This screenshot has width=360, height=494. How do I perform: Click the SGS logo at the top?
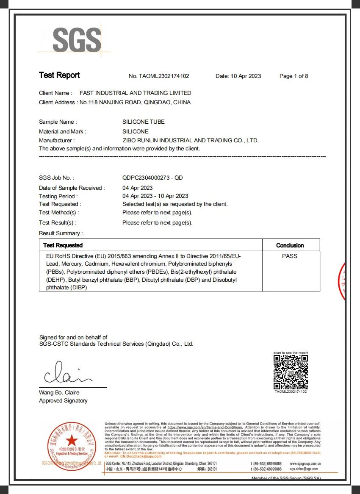point(77,39)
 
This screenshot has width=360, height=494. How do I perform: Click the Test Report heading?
point(59,75)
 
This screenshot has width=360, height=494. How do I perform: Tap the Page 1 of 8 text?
point(294,76)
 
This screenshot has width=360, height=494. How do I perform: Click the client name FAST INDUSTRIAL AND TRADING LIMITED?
point(136,93)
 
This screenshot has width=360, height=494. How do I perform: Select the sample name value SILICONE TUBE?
point(144,122)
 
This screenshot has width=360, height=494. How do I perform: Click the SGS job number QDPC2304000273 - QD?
point(152,178)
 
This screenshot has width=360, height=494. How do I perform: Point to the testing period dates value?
point(155,196)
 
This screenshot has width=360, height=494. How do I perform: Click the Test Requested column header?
point(63,245)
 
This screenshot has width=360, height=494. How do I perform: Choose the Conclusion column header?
point(290,245)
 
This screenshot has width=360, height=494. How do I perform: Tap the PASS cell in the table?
point(290,256)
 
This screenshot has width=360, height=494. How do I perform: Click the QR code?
point(291,372)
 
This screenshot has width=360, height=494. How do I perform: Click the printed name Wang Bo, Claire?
point(59,393)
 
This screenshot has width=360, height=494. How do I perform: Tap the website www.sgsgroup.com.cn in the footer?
point(305,464)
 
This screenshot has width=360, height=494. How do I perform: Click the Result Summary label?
point(61,233)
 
